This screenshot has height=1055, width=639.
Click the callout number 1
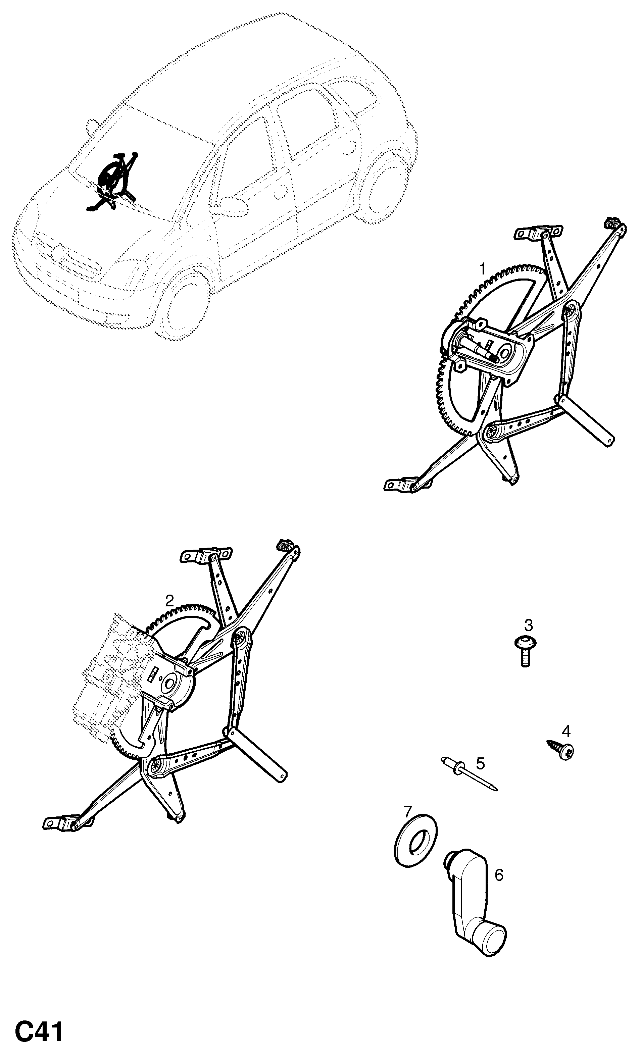pyautogui.click(x=482, y=269)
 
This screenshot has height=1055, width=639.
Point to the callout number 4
pyautogui.click(x=566, y=731)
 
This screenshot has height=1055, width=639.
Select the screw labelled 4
pyautogui.click(x=561, y=749)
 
